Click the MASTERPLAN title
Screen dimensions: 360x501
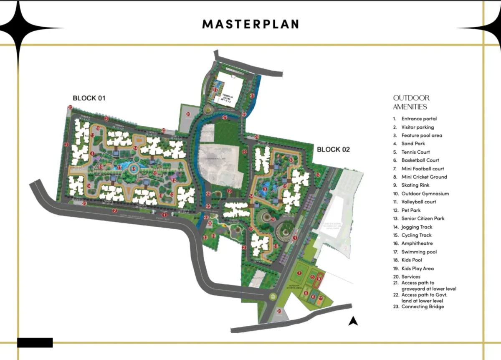pyautogui.click(x=250, y=24)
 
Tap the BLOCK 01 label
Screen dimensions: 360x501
pyautogui.click(x=89, y=99)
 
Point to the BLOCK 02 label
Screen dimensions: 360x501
pyautogui.click(x=333, y=150)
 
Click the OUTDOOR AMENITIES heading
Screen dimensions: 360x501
pyautogui.click(x=411, y=102)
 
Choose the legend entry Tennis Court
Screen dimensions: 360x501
pyautogui.click(x=415, y=152)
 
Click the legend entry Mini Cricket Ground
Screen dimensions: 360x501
pyautogui.click(x=424, y=177)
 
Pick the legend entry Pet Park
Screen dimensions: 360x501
pyautogui.click(x=411, y=210)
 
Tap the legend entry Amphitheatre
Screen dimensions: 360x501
pyautogui.click(x=417, y=243)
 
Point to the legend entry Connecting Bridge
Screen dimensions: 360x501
pyautogui.click(x=423, y=307)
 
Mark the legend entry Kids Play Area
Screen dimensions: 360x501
pyautogui.click(x=417, y=269)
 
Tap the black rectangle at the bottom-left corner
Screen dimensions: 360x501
pyautogui.click(x=35, y=342)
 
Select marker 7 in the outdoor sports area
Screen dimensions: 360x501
pyautogui.click(x=299, y=273)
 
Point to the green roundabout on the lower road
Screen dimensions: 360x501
pyautogui.click(x=273, y=297)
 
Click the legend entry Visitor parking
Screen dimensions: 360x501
pyautogui.click(x=417, y=127)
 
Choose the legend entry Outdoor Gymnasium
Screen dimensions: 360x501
pyautogui.click(x=425, y=193)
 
